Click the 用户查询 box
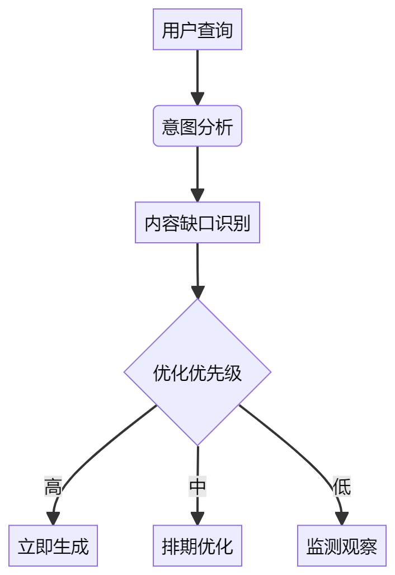[x=197, y=30]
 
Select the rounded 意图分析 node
[x=197, y=126]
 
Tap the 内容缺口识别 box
[x=197, y=223]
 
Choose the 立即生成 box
[x=53, y=546]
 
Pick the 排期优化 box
[x=197, y=546]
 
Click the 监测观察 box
[x=341, y=546]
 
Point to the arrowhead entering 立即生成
[x=53, y=519]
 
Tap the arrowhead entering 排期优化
[x=197, y=519]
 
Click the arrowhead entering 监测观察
[x=341, y=519]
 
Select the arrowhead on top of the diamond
[x=198, y=292]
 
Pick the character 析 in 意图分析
[x=224, y=127]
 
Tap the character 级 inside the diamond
[x=233, y=373]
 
